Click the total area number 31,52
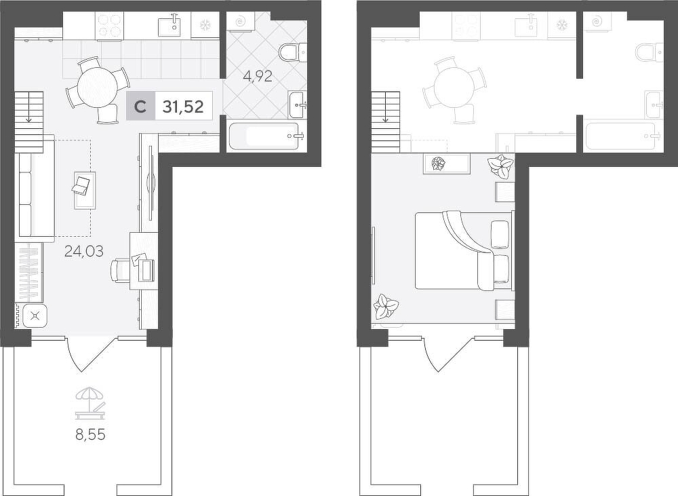click(x=183, y=106)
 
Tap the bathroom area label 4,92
click(x=258, y=77)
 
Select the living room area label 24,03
click(x=84, y=251)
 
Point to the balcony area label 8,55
click(x=90, y=434)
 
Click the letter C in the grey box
click(x=140, y=107)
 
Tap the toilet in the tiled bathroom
click(x=293, y=53)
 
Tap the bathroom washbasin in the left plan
click(x=298, y=104)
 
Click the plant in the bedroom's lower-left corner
click(x=386, y=306)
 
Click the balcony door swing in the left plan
click(x=92, y=354)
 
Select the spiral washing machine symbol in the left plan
click(x=239, y=21)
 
